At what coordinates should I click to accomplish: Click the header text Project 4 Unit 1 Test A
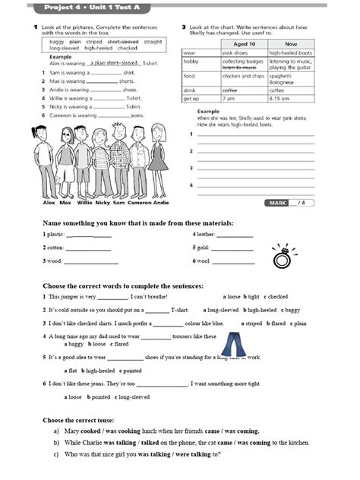click(87, 7)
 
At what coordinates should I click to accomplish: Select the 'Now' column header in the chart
click(292, 44)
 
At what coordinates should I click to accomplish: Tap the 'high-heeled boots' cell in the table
click(292, 52)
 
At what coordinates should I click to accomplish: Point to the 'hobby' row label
click(191, 61)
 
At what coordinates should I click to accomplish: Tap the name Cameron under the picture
click(139, 204)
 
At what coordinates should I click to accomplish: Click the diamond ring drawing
click(283, 257)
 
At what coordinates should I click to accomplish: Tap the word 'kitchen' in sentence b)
click(295, 442)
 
